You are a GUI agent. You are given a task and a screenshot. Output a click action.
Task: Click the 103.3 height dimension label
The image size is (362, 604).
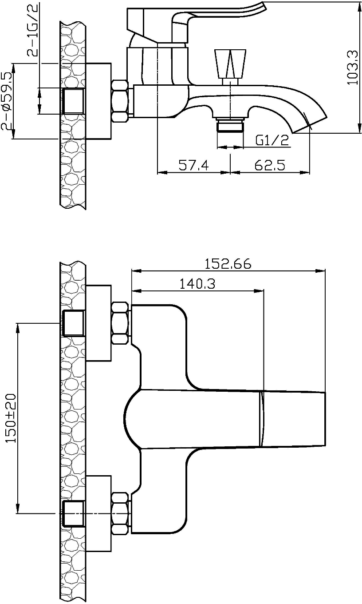tap(352, 68)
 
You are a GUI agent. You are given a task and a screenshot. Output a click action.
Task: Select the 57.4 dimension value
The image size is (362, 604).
tap(194, 165)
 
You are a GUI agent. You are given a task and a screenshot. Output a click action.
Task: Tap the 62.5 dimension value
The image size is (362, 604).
tap(270, 165)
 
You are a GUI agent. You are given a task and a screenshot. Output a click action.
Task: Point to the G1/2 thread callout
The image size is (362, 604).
tap(272, 140)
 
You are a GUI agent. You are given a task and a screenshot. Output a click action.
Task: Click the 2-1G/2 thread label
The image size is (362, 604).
tap(32, 29)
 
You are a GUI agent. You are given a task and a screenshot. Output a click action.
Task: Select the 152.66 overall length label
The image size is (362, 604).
tap(228, 263)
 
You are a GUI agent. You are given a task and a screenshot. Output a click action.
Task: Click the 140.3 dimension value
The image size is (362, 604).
tap(197, 283)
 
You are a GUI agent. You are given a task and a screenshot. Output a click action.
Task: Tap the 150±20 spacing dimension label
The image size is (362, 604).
tap(12, 418)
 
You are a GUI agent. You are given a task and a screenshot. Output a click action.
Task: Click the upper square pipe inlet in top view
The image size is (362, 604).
tap(74, 323)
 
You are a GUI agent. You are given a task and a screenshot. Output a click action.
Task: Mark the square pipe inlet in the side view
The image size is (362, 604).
tap(74, 101)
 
